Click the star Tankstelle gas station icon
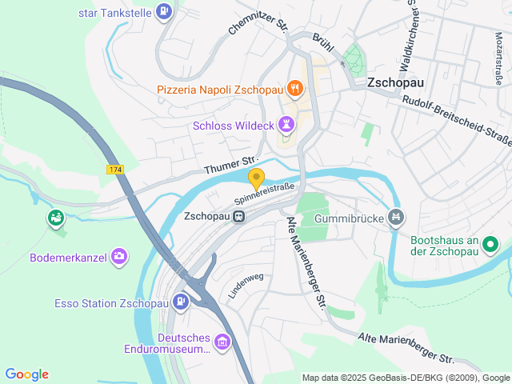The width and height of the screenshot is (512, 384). coord(164,11)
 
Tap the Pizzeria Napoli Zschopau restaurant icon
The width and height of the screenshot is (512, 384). coord(295,87)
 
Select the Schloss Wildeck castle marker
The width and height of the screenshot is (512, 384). coord(286,123)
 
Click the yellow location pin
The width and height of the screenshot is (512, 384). coord(256,178)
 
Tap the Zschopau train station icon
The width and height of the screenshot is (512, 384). coord(238,218)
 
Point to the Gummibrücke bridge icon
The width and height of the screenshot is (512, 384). coord(394,217)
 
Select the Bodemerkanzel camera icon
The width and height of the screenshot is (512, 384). coord(119,256)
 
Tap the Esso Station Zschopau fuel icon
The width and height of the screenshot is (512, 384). coord(182,302)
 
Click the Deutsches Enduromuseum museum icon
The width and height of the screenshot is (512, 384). coord(222,343)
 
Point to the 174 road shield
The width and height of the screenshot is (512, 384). coord(115,170)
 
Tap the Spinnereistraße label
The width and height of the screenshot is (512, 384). coord(264,193)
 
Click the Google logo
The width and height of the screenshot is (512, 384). coord(26,374)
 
